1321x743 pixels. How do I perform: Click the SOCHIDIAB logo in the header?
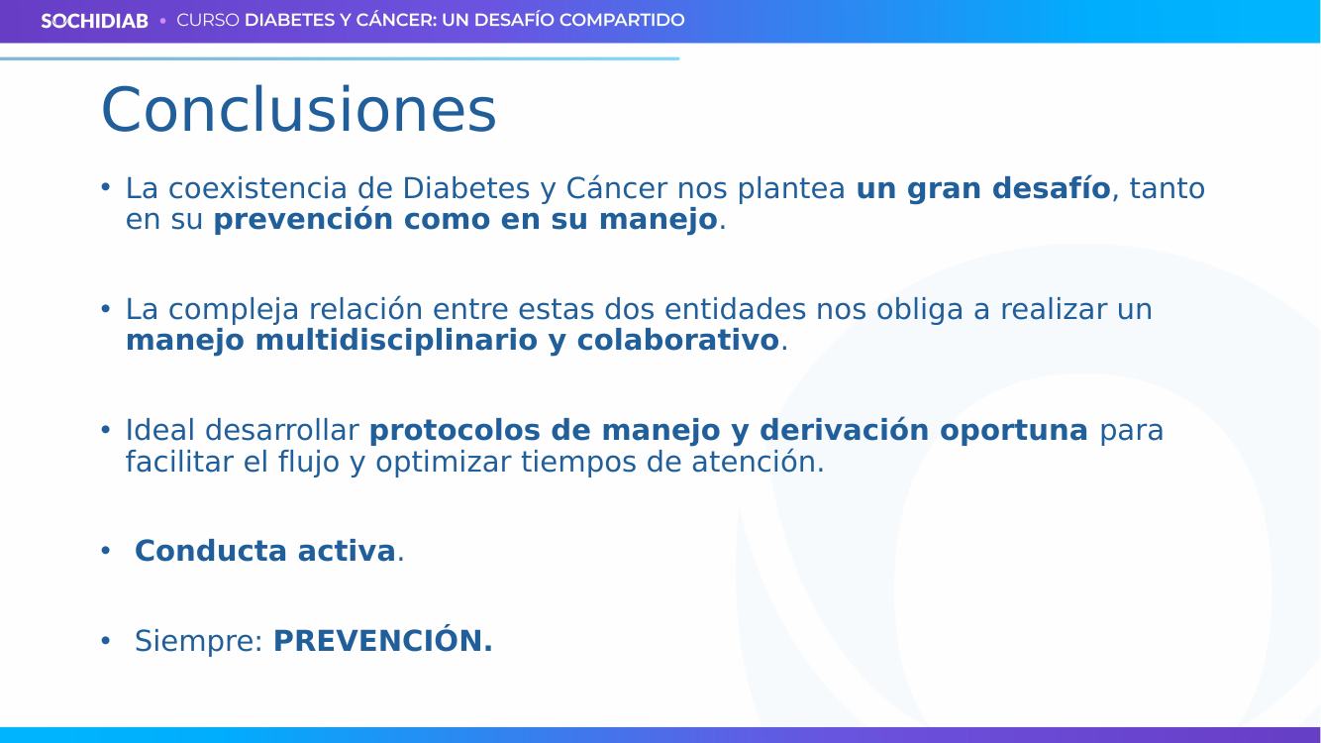click(94, 21)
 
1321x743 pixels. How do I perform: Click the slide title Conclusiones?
click(299, 110)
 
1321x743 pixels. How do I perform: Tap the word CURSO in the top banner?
click(208, 20)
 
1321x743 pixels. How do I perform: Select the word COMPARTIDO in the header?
click(622, 20)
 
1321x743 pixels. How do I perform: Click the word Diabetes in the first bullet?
click(465, 189)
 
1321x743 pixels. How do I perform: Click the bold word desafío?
click(1051, 189)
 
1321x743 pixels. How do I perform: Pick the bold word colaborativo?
click(677, 341)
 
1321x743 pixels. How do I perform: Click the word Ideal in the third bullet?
click(159, 430)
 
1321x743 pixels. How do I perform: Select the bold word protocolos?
click(455, 431)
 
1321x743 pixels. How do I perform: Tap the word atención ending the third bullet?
click(758, 462)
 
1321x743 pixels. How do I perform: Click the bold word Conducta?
click(211, 551)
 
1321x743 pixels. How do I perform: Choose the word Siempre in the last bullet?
click(199, 642)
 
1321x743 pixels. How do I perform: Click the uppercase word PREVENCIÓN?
click(383, 640)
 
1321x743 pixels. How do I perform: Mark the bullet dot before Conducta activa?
click(106, 551)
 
